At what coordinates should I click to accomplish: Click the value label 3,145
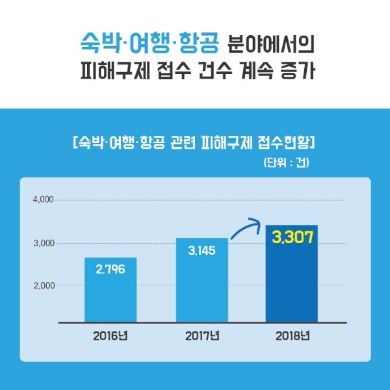click(201, 250)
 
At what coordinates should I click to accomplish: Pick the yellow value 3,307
click(292, 237)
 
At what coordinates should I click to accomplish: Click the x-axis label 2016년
click(110, 336)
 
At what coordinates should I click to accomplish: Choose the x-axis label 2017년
click(201, 336)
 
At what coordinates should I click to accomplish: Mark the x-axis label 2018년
click(292, 336)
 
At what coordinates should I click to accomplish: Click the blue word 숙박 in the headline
click(95, 43)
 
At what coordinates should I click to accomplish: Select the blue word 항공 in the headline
click(198, 43)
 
